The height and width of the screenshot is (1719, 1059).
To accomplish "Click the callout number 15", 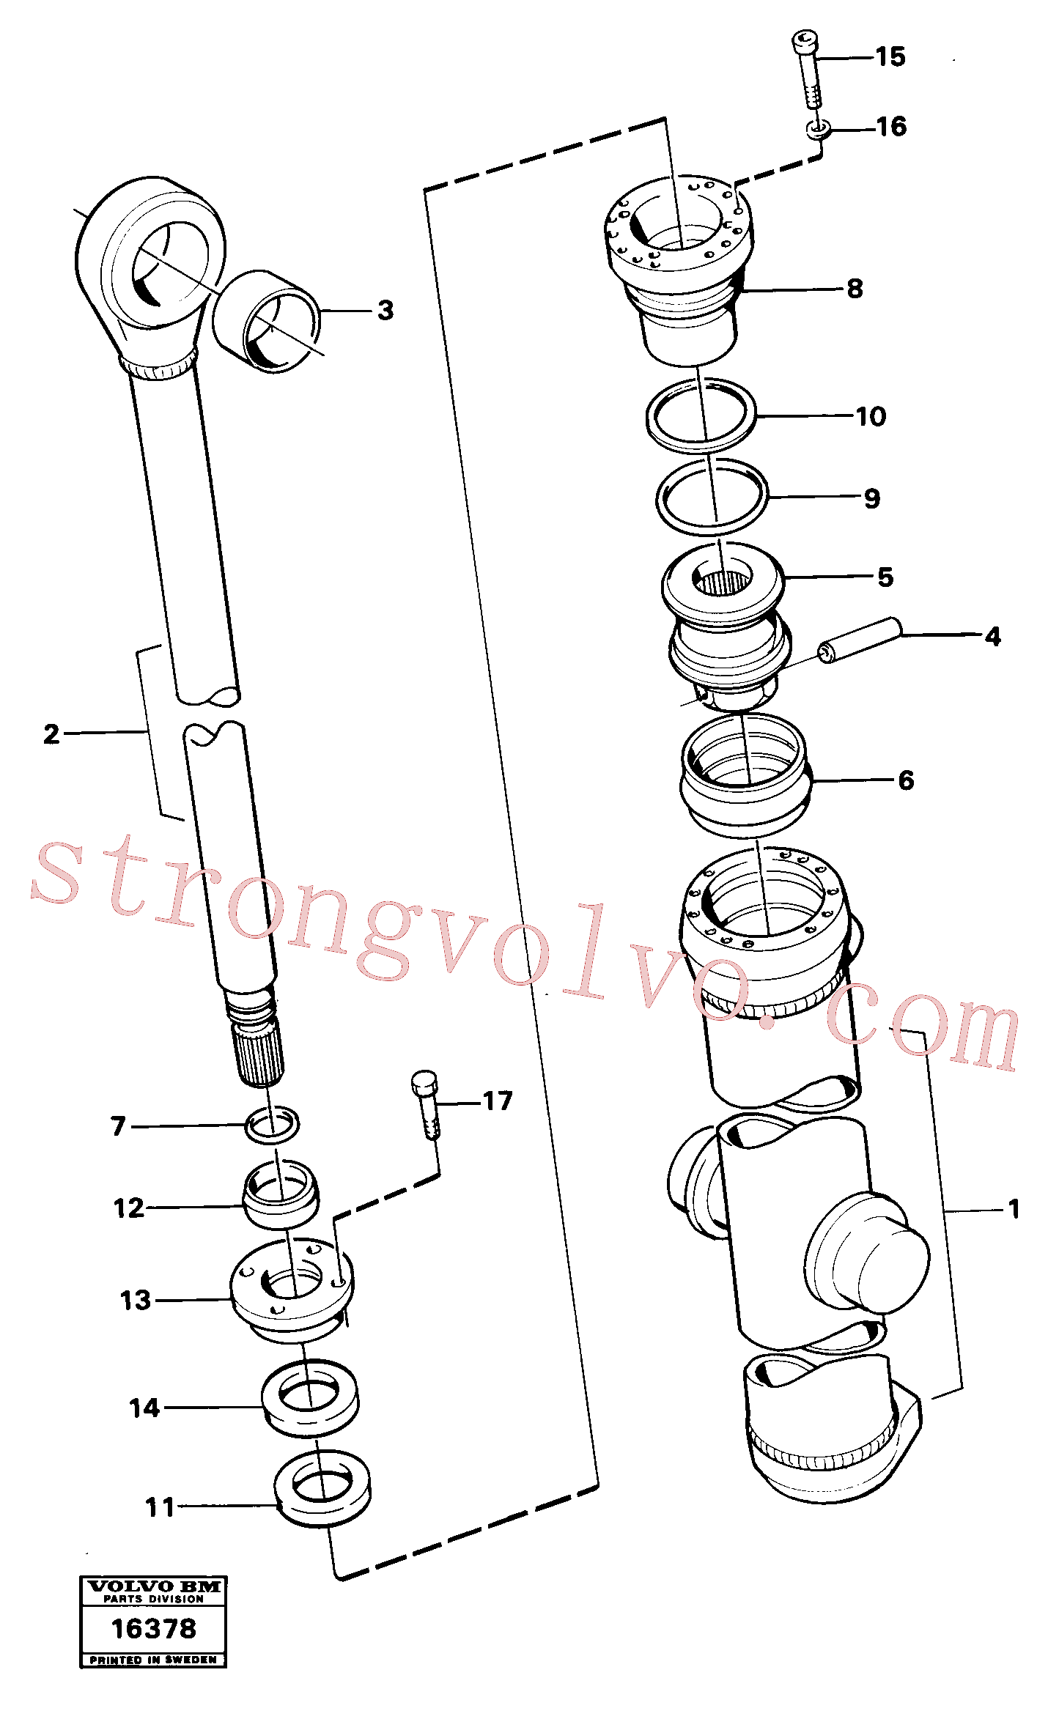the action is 890,57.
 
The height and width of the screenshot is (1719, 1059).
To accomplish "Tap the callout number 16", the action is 891,127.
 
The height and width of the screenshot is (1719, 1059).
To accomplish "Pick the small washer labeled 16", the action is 819,130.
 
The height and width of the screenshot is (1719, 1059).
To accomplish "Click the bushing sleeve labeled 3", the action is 266,321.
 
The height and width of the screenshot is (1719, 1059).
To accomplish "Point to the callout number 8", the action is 855,289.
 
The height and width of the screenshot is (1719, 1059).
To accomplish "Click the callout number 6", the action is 906,780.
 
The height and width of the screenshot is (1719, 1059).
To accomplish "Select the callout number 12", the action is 129,1208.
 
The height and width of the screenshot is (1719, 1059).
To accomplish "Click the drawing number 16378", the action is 154,1629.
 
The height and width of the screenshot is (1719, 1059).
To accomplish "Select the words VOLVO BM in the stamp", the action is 154,1586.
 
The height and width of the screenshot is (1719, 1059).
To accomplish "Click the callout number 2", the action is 51,734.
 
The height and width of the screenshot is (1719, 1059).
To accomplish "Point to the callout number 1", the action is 1014,1209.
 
